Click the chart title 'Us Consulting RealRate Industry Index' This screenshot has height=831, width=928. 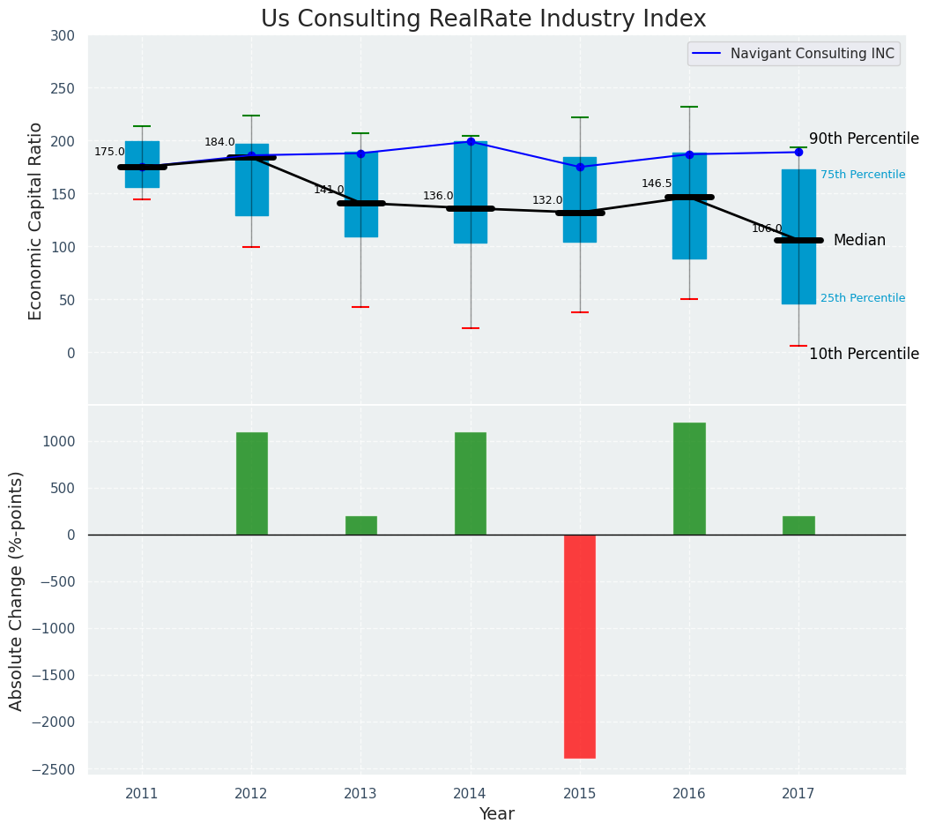(x=483, y=19)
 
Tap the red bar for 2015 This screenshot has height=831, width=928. (x=580, y=646)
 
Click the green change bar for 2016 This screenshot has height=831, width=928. (x=689, y=478)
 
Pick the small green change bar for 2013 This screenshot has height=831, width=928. (x=361, y=526)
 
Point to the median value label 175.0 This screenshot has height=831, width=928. (x=110, y=152)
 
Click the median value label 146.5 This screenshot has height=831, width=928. (x=657, y=183)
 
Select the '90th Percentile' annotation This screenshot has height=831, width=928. (x=864, y=139)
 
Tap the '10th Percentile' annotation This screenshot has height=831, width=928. (x=864, y=355)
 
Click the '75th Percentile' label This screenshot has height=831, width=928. (x=863, y=175)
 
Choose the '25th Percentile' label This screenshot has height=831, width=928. (x=863, y=298)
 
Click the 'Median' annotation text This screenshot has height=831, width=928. (x=859, y=241)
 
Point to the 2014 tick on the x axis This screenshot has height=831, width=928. (x=471, y=794)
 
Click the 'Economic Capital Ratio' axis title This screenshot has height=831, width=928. (x=36, y=221)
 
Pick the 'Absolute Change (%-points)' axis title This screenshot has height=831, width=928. (x=17, y=590)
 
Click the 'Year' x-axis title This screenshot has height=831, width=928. (x=497, y=814)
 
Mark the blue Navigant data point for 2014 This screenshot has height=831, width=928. (x=471, y=141)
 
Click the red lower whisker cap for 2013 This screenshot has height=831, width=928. (x=360, y=307)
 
